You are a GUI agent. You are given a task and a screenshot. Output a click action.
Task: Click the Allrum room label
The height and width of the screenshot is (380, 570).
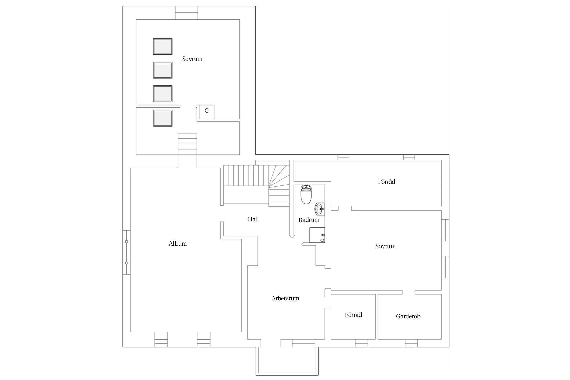pos(178,244)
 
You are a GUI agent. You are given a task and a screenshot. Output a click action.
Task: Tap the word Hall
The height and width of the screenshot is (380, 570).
pos(253,219)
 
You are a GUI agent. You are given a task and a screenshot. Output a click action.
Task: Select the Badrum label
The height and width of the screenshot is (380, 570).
pos(309,220)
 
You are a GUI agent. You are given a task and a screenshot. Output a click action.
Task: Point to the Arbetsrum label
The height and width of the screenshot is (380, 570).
pos(285,298)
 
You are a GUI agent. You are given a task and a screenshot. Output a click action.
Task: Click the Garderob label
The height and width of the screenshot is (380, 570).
pos(408,316)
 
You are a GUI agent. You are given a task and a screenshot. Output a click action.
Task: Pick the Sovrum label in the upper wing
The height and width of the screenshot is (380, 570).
pos(192,59)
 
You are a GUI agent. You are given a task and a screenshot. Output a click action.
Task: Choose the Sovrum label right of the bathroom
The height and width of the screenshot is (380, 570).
pos(386,246)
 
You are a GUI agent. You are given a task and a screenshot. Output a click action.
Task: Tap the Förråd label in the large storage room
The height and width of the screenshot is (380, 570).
pos(387,182)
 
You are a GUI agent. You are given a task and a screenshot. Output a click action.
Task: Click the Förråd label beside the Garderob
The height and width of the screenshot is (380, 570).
pos(353,315)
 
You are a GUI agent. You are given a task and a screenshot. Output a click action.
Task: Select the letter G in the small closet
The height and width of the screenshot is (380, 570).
pos(207,111)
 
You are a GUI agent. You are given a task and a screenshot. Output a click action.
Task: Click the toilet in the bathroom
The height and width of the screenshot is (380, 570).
pos(306,195)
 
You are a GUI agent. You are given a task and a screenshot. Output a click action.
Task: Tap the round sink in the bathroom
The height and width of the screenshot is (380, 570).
pos(320,209)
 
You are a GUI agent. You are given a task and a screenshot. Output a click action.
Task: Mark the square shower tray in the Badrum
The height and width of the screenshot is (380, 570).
pos(317,235)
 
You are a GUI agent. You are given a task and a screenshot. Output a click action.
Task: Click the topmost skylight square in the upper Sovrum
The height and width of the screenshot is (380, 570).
pos(163,46)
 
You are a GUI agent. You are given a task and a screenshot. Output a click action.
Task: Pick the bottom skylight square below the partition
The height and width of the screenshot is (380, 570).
pos(163,118)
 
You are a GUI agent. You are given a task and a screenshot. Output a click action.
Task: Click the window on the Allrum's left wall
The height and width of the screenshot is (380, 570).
pos(127,252)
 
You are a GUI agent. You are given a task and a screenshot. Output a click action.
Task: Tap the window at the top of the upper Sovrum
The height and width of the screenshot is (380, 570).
pos(186,13)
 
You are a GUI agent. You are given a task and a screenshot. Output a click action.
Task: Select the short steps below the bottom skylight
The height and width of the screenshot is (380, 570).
pos(187,144)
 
